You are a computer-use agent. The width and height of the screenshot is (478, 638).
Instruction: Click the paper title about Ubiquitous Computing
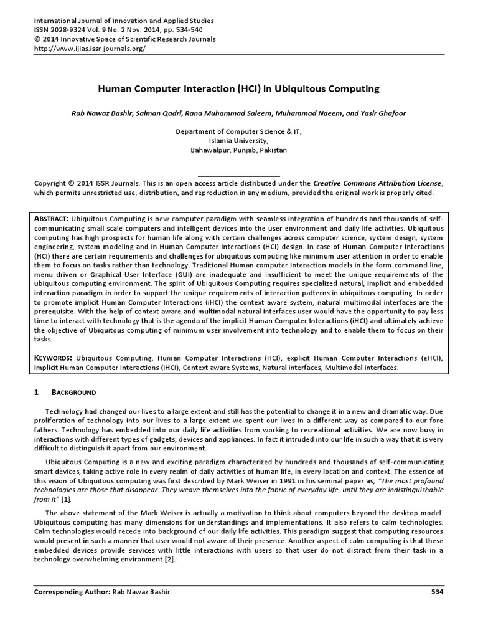(x=239, y=89)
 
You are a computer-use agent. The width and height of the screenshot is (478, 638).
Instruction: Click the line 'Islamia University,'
(x=239, y=141)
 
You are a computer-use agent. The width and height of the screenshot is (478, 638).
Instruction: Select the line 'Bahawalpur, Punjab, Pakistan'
(x=239, y=150)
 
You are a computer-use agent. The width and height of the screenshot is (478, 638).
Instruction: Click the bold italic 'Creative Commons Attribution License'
(x=377, y=183)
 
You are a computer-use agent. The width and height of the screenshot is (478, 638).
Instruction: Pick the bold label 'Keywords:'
(x=55, y=358)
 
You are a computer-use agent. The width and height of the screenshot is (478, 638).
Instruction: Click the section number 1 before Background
(x=37, y=393)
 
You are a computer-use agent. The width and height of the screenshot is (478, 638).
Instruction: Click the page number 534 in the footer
(x=437, y=609)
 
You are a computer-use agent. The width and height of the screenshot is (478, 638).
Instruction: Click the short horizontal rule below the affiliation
(x=239, y=176)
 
